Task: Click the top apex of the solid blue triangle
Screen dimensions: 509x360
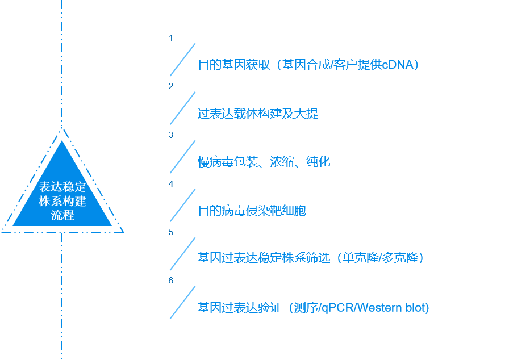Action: [62, 141]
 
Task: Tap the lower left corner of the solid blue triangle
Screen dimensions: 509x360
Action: [12, 225]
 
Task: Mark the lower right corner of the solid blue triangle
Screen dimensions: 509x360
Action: [112, 225]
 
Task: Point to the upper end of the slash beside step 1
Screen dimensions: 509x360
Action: [195, 44]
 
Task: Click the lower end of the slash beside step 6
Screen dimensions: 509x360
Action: [170, 319]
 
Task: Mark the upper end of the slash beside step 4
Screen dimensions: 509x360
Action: [195, 189]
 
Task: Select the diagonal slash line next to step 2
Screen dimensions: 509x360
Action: [183, 108]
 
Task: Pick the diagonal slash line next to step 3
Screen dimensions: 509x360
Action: [183, 157]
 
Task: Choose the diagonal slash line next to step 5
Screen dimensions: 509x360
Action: [183, 254]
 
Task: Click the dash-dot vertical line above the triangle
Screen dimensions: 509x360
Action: [62, 64]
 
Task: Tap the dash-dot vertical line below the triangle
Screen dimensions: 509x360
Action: [62, 296]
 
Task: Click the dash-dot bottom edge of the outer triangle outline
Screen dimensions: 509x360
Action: [62, 232]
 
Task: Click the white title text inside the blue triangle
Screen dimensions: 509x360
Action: [62, 201]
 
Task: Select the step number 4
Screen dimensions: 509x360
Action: [171, 184]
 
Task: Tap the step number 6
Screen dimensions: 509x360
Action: [171, 280]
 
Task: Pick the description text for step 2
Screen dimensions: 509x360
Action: [258, 114]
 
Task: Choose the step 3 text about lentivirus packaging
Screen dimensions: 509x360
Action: [264, 161]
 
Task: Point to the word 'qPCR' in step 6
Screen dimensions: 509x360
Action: [337, 307]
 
